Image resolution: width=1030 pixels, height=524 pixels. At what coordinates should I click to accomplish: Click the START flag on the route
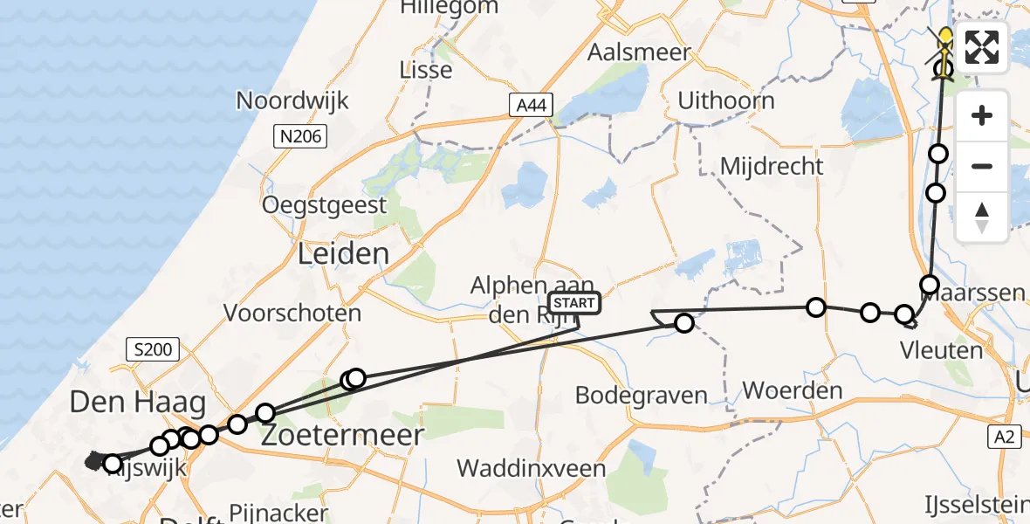point(574,304)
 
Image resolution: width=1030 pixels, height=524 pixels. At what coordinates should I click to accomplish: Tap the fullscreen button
point(982,47)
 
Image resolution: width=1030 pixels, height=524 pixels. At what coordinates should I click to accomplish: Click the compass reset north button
point(982,217)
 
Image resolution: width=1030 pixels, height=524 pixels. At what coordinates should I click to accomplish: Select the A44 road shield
point(532,106)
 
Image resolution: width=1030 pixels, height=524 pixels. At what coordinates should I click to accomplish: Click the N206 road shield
point(299,136)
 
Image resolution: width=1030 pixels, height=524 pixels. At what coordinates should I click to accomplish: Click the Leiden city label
point(343,255)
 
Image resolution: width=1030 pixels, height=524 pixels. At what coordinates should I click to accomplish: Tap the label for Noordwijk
point(292,100)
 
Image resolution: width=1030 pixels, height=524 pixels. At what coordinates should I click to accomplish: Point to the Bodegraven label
point(641,395)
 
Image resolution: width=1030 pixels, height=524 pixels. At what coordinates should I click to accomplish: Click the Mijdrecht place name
point(772,166)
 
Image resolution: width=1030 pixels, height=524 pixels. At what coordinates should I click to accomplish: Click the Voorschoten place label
point(292,313)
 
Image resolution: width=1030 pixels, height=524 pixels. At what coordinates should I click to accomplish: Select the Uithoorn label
point(726,100)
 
